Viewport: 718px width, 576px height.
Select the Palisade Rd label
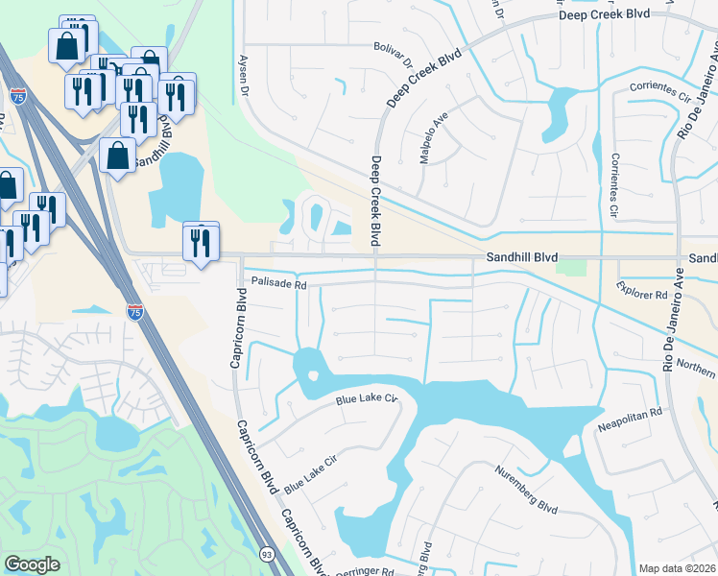pos(278,284)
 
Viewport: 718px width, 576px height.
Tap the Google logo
pos(32,564)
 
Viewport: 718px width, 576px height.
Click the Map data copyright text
pos(677,569)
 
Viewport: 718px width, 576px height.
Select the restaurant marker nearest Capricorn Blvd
pos(201,242)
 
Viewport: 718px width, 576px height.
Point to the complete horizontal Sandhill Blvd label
pos(522,258)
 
